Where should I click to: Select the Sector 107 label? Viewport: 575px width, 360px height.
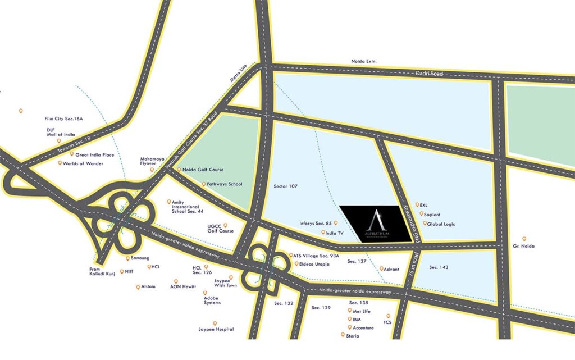[285, 186]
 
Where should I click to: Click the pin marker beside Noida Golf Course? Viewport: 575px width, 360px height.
[179, 170]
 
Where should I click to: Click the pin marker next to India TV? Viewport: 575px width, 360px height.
[323, 232]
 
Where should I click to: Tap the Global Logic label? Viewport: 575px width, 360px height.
[441, 224]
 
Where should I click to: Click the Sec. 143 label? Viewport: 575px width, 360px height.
[439, 267]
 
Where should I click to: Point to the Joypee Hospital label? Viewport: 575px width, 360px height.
[216, 329]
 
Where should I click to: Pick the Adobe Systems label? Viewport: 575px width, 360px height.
[212, 300]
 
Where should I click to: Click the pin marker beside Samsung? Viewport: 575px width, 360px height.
[127, 258]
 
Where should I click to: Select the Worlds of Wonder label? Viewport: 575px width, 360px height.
[85, 163]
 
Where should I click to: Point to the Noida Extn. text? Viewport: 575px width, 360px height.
[364, 61]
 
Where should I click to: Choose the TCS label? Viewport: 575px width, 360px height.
[387, 322]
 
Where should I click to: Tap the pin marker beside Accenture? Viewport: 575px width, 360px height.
[349, 327]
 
